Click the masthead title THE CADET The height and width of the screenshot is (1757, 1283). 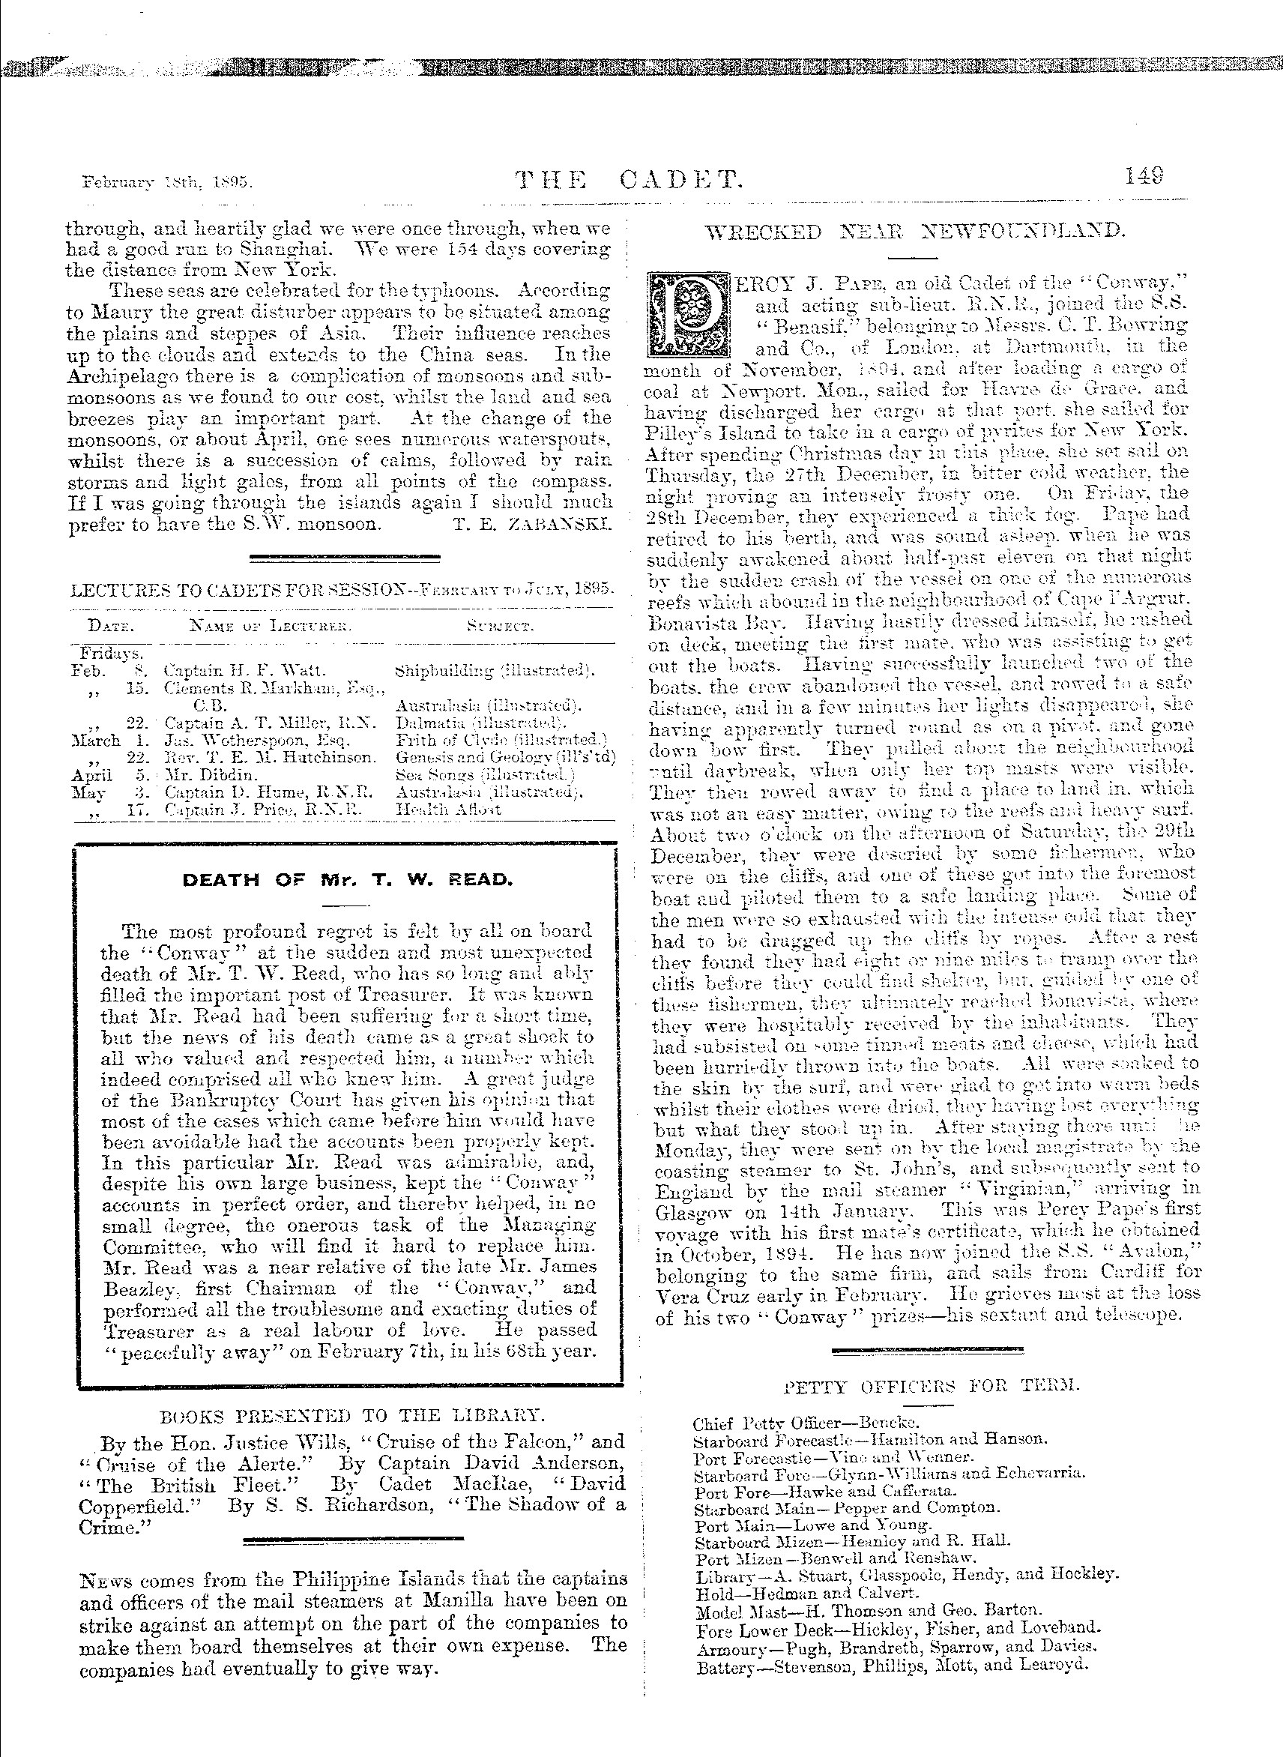[x=630, y=181]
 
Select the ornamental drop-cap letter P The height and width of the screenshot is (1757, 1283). [x=689, y=313]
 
